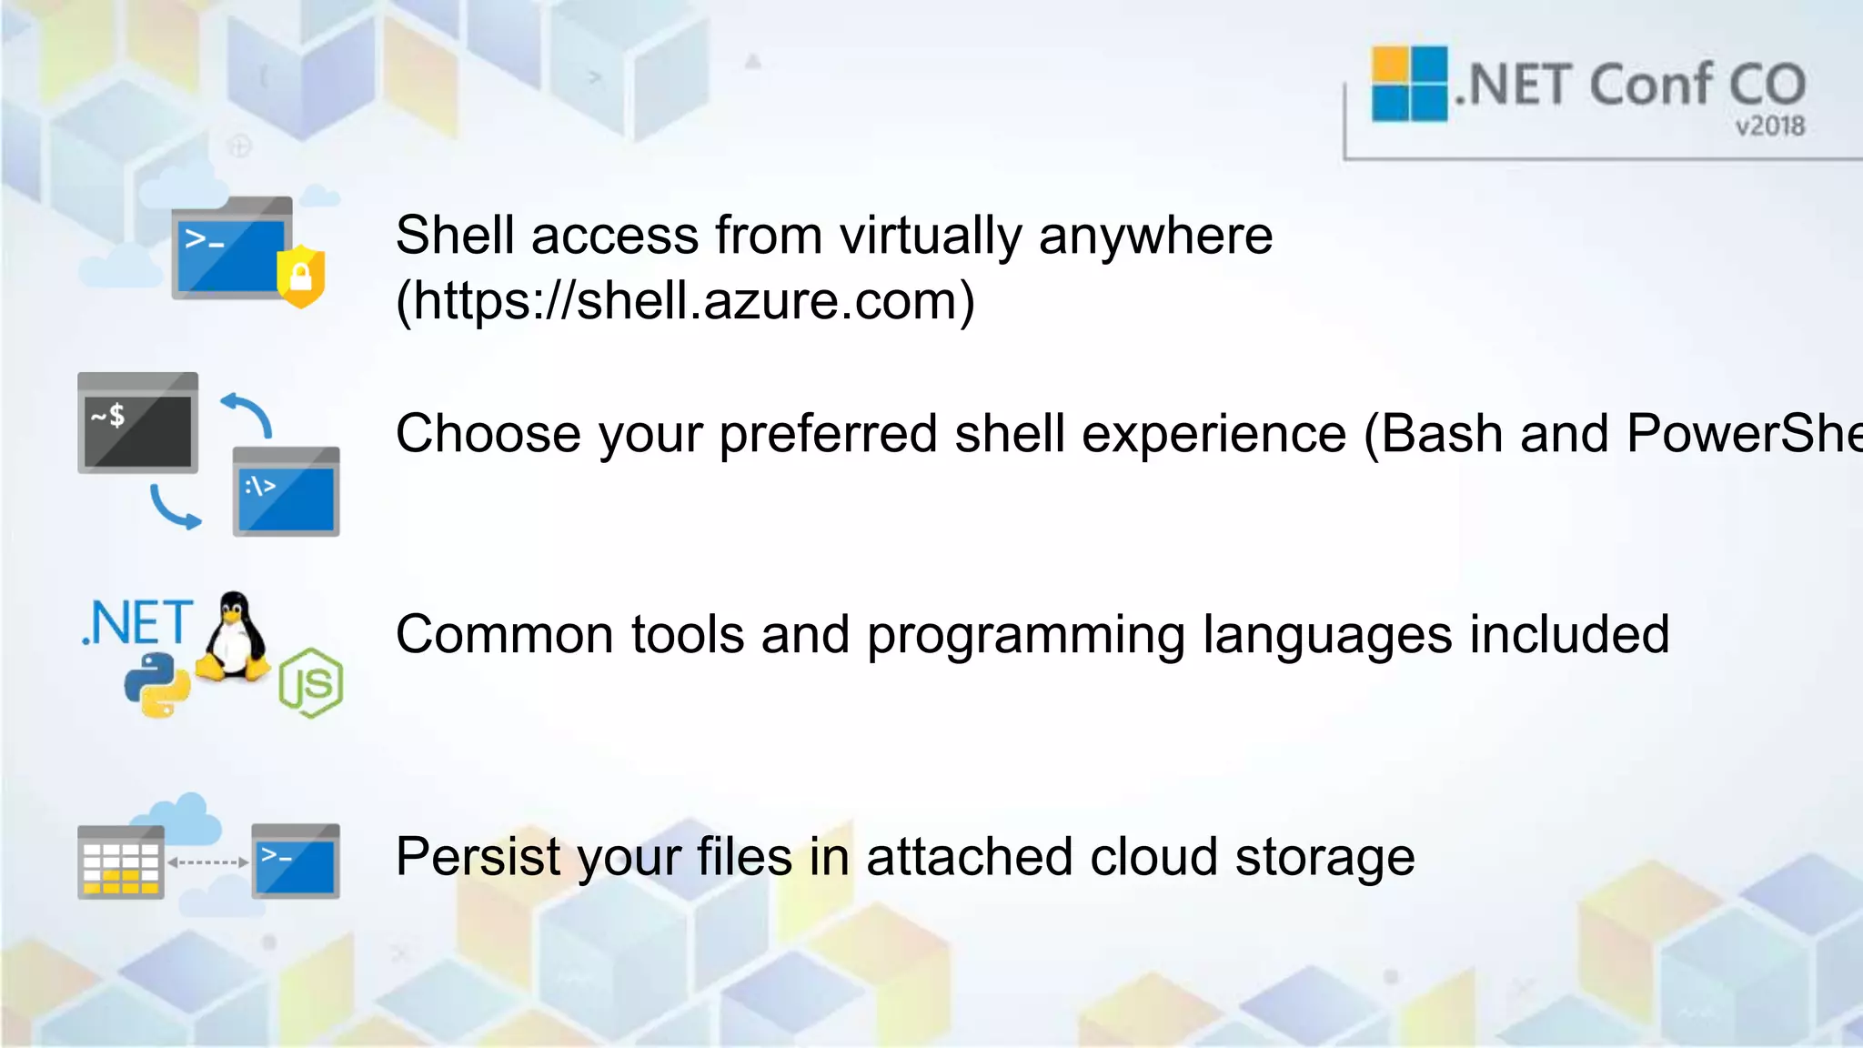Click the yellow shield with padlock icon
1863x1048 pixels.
tap(301, 276)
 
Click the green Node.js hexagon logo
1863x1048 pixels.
tap(311, 683)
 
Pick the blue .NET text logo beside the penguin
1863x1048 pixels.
tap(138, 623)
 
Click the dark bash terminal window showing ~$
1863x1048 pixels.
tap(138, 424)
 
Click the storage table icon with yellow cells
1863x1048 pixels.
tap(121, 862)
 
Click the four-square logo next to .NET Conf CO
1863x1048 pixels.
tap(1409, 84)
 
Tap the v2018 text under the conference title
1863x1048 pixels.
tap(1768, 126)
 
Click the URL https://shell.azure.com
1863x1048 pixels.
tap(685, 301)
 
